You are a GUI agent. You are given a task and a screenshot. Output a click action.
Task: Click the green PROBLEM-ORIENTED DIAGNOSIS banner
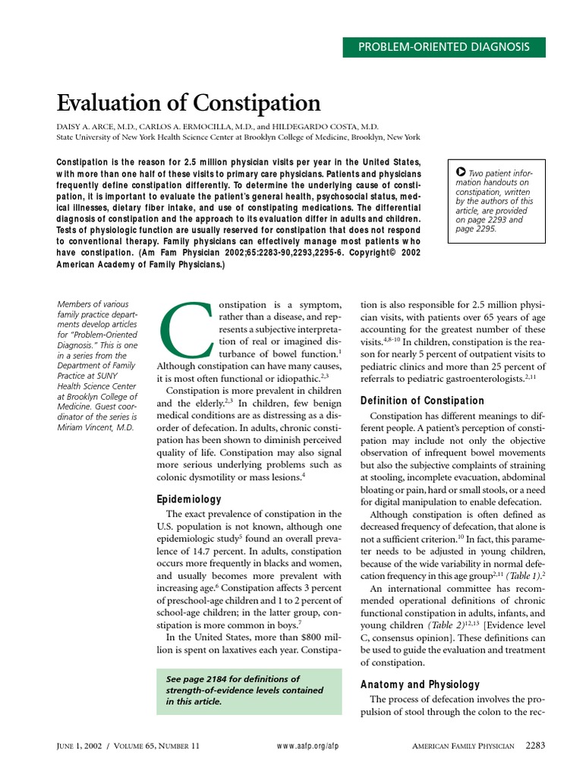tap(443, 46)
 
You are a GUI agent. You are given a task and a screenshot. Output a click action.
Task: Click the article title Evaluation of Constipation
tap(189, 102)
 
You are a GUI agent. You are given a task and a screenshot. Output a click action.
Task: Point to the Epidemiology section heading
tap(189, 499)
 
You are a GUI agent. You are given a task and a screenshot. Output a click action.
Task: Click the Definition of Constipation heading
tap(422, 401)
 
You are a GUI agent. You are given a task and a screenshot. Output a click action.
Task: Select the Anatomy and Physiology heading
tap(420, 684)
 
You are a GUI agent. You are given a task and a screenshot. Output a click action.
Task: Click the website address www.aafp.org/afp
tap(308, 747)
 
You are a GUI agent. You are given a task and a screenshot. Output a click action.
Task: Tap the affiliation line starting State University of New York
tap(238, 137)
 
